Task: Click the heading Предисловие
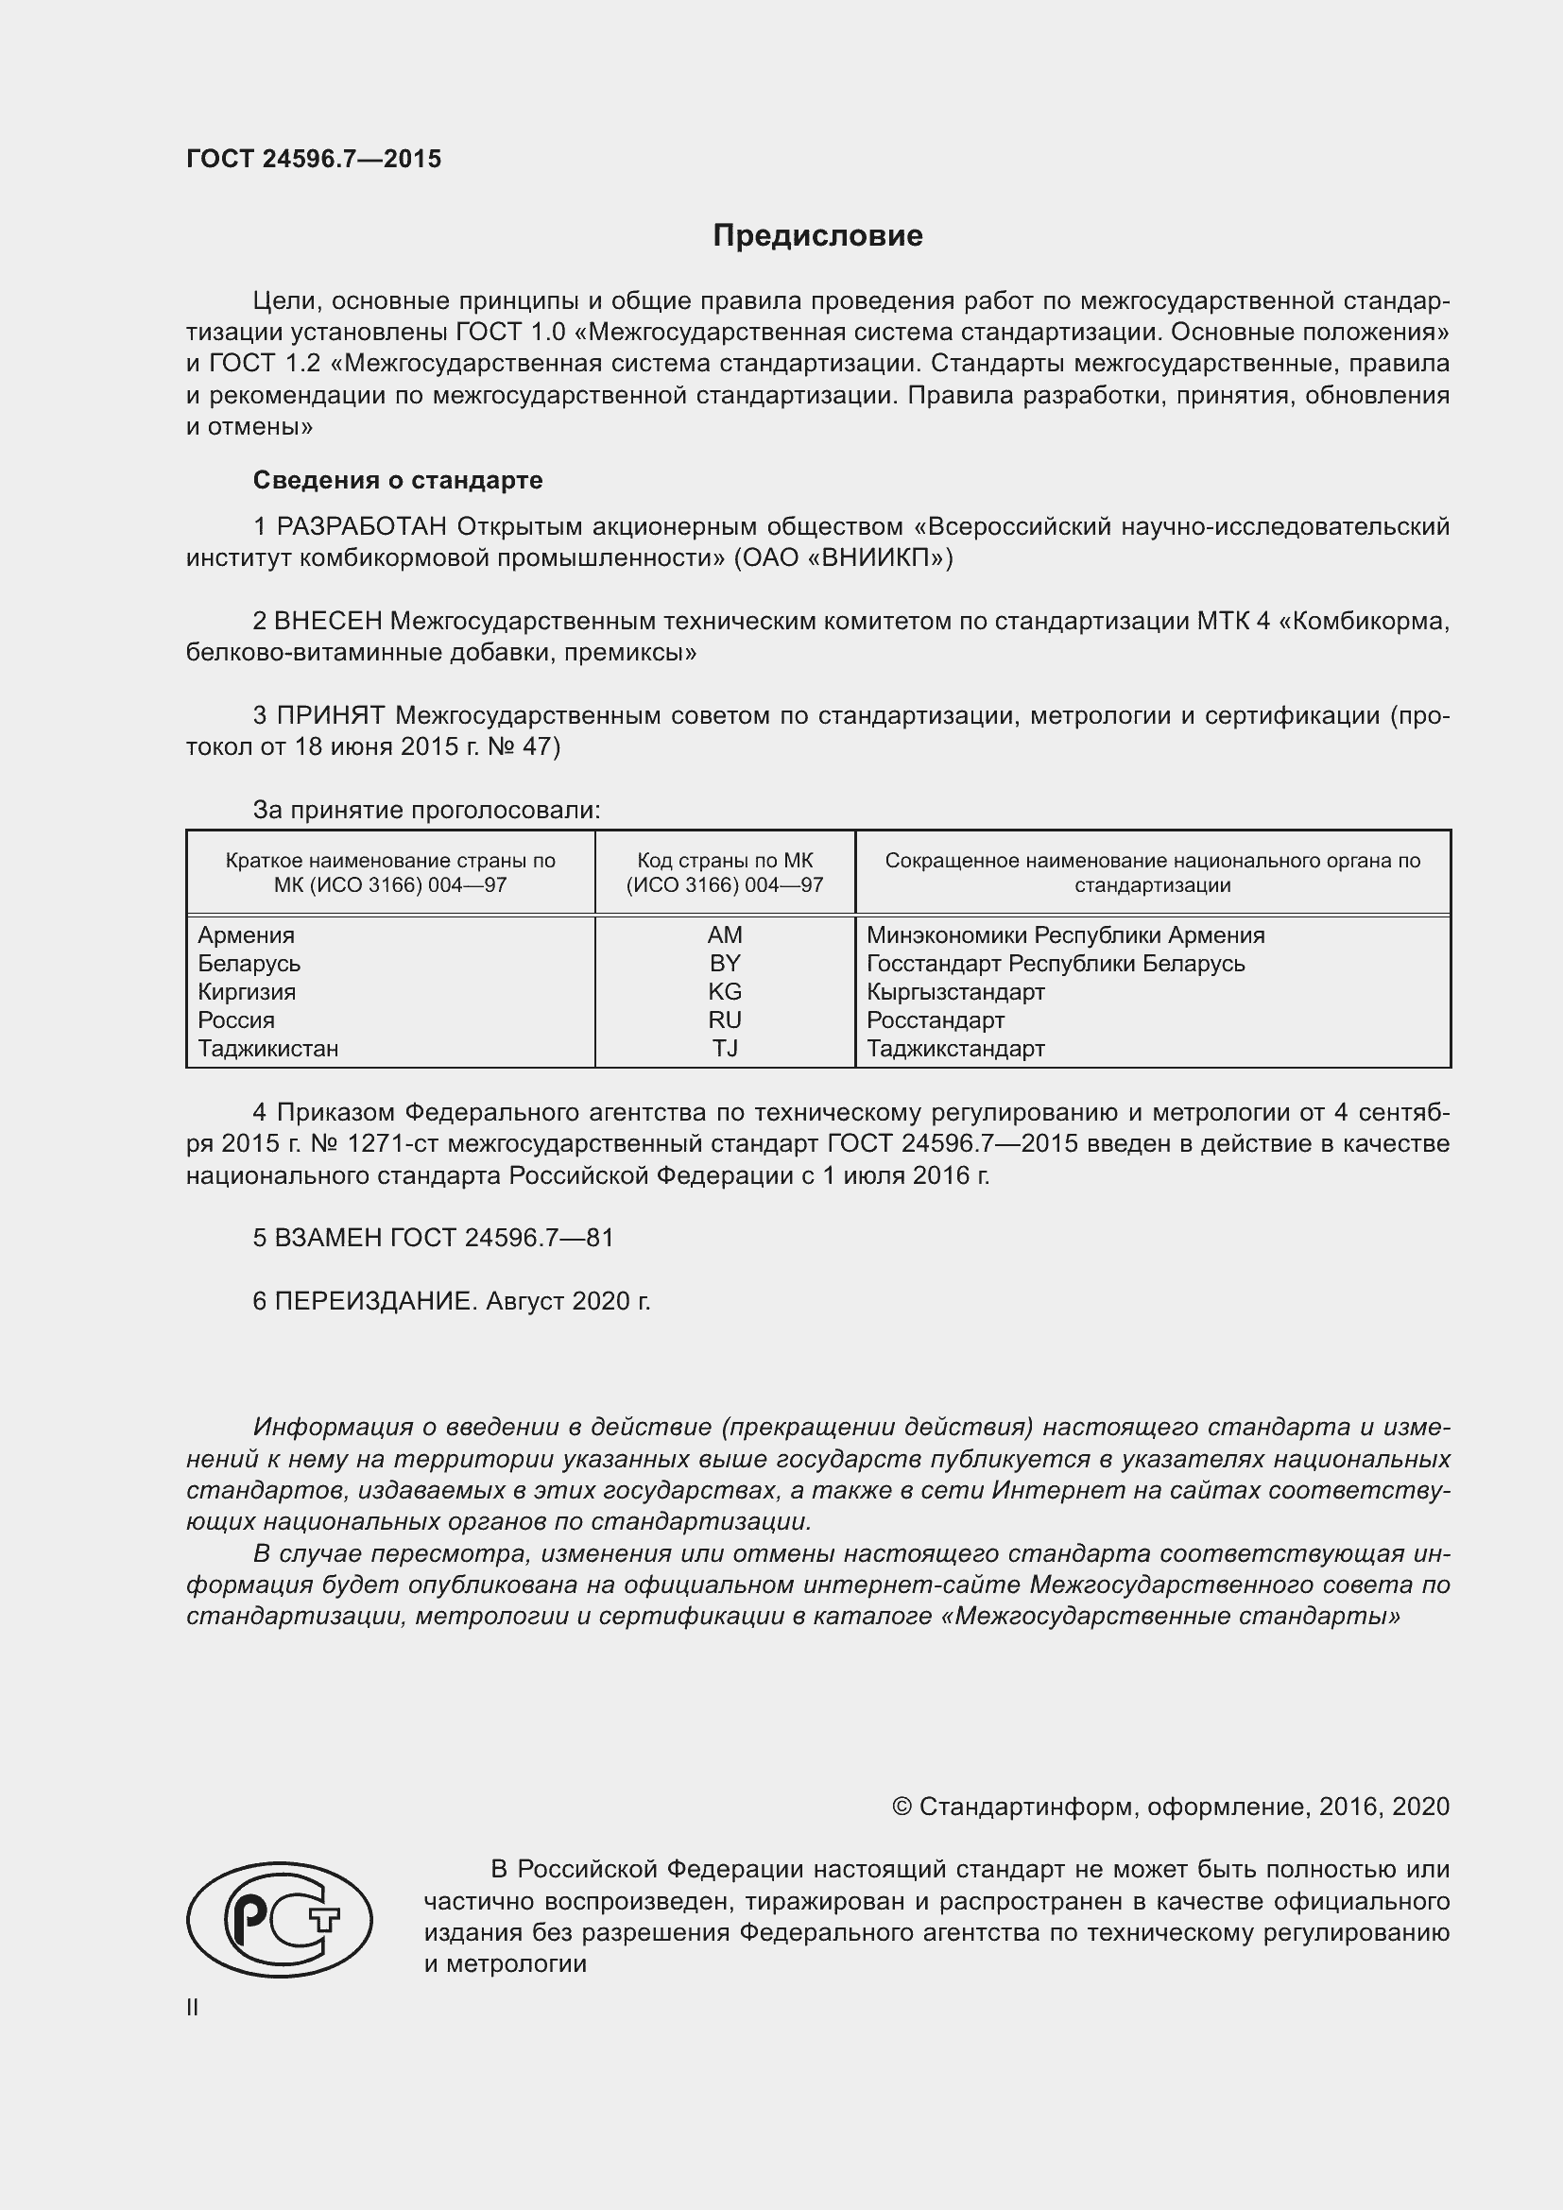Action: (817, 236)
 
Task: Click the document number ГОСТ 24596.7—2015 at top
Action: (314, 159)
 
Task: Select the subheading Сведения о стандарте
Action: (398, 479)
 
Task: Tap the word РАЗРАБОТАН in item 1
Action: (362, 526)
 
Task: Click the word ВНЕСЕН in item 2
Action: (328, 621)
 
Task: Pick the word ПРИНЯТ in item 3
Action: (330, 715)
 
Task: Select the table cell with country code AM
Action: (725, 934)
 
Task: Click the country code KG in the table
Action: (725, 991)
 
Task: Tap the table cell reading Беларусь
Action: (249, 964)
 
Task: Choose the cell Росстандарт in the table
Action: (935, 1020)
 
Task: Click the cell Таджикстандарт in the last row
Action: (954, 1048)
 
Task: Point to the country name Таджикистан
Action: (267, 1048)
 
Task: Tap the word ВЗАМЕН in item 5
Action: (328, 1238)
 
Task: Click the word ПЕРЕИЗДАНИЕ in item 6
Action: (375, 1301)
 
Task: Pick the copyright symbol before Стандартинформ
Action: (902, 1807)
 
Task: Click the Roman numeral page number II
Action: (193, 2008)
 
